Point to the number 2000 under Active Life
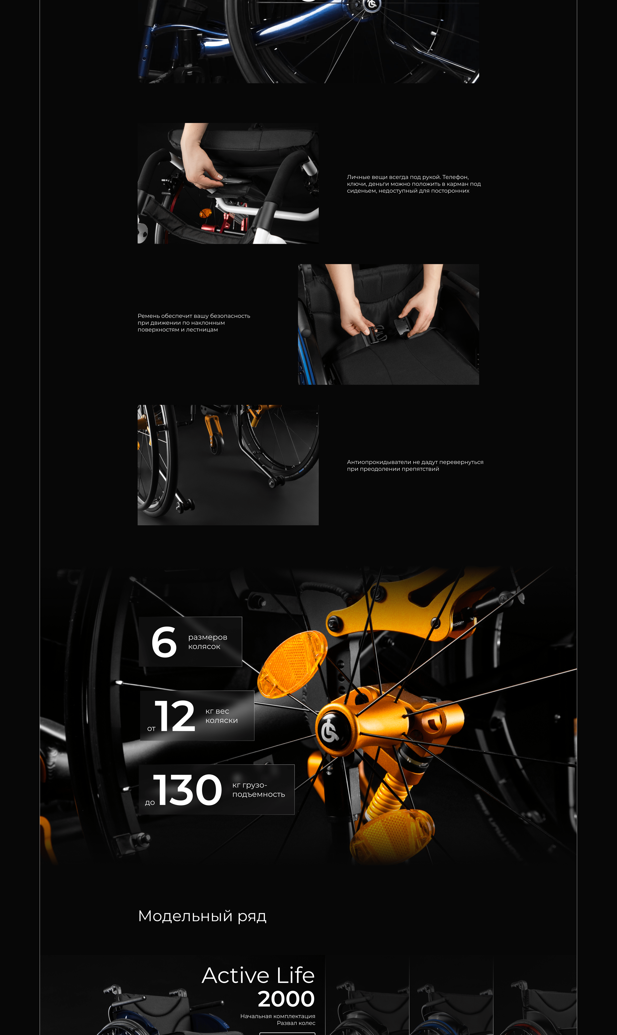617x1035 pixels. [x=286, y=999]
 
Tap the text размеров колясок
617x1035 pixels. [x=208, y=642]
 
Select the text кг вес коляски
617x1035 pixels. [x=222, y=716]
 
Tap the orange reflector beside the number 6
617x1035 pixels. [x=292, y=664]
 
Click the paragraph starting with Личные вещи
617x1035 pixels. [x=414, y=184]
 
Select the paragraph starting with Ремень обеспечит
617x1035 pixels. [x=194, y=323]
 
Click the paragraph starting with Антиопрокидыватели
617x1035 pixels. [x=415, y=465]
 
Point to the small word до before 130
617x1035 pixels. [x=150, y=802]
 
